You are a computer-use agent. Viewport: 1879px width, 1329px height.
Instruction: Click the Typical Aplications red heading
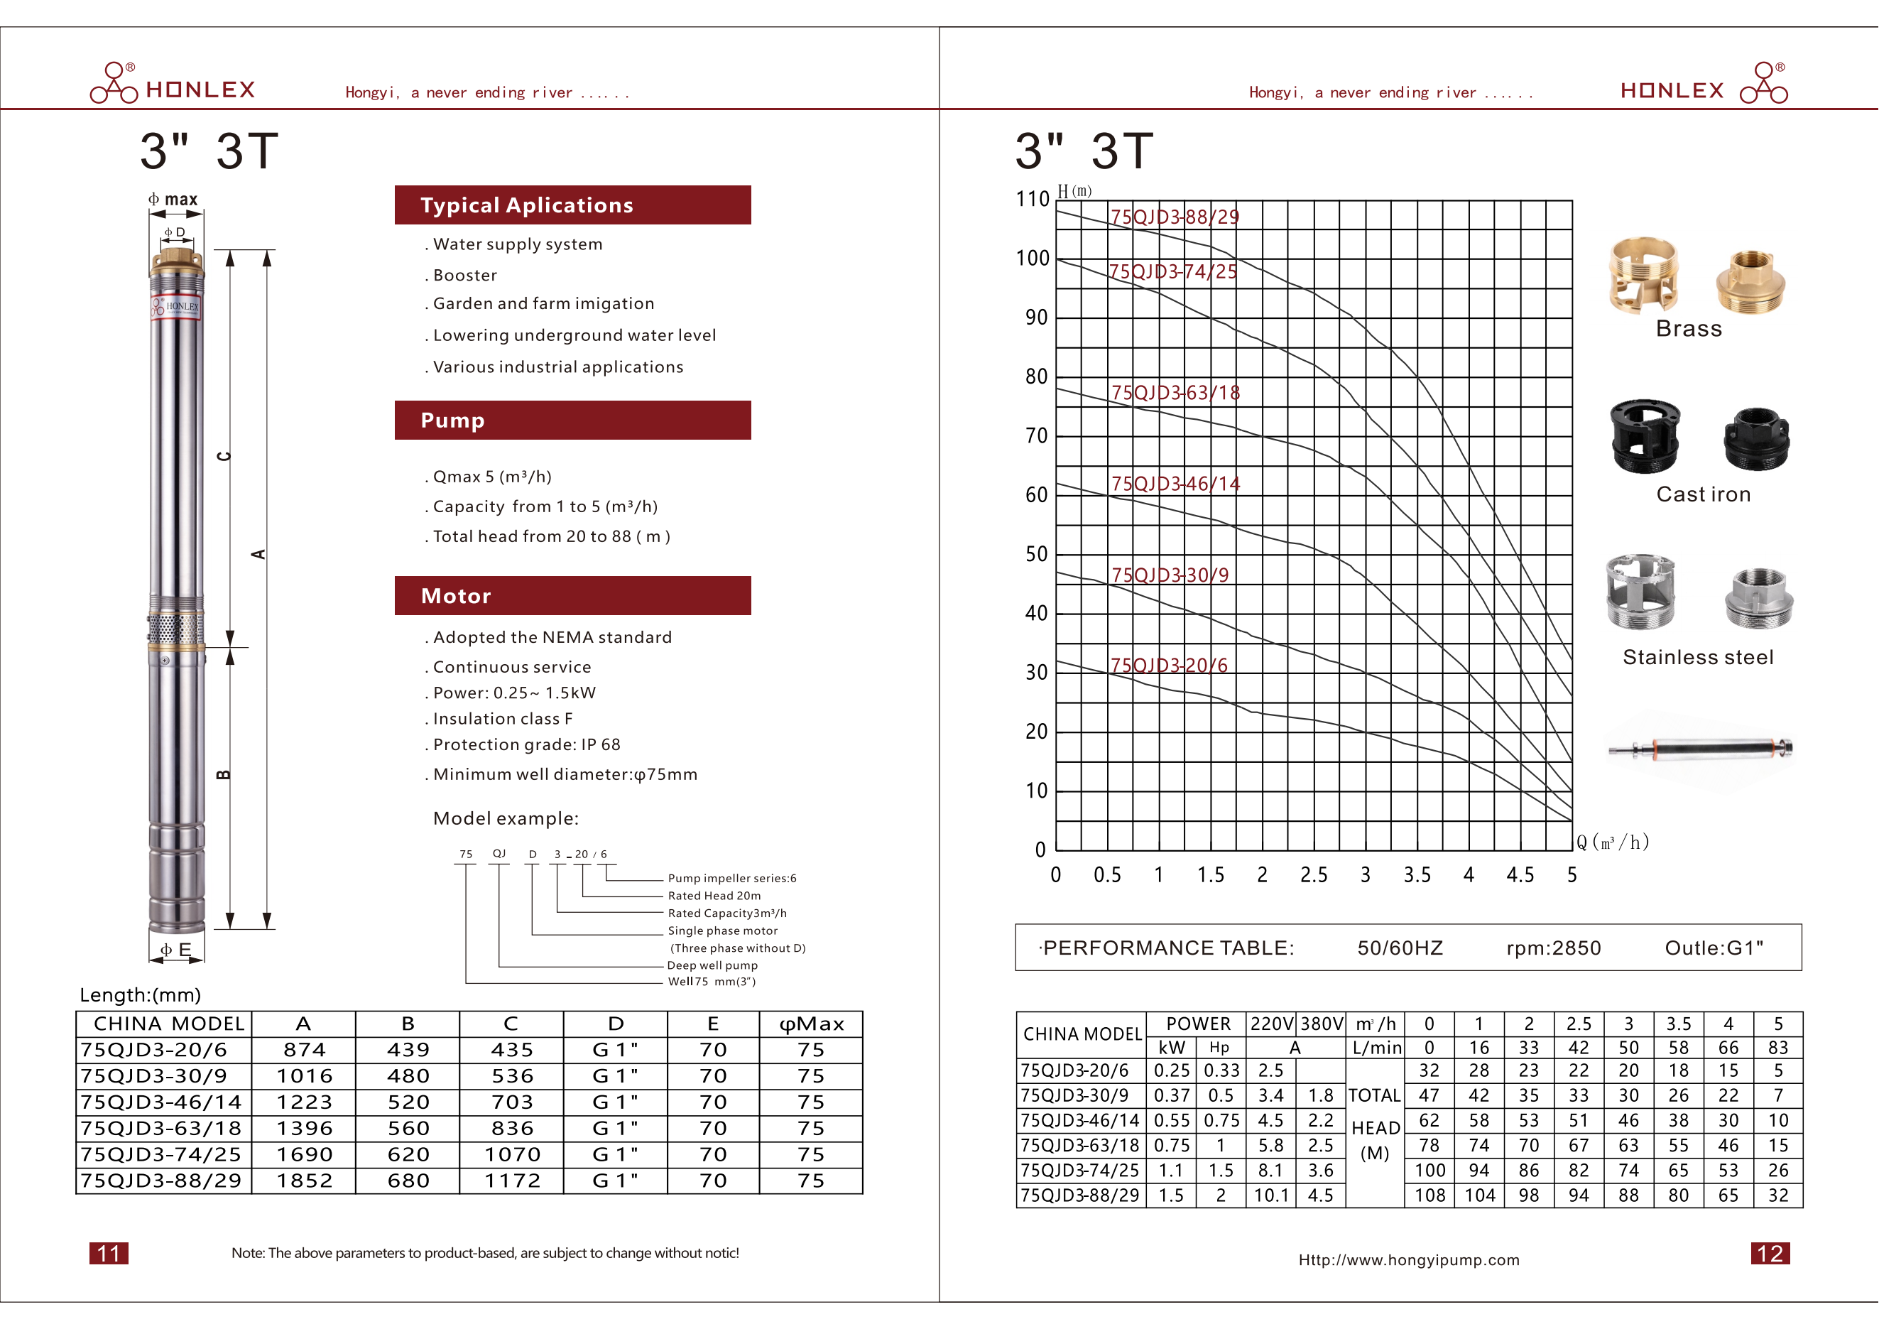pos(572,205)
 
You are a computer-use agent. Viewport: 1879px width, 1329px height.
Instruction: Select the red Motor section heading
pos(572,596)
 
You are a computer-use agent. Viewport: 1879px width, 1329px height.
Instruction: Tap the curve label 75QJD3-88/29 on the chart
pos(1175,217)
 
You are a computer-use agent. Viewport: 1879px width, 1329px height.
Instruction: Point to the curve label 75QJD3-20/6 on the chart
pos(1169,666)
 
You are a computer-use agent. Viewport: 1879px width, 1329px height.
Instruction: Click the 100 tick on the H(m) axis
pos(1033,259)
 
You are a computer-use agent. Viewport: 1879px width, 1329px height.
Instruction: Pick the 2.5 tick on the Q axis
pos(1314,876)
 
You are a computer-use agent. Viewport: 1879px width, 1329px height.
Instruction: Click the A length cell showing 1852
pos(305,1181)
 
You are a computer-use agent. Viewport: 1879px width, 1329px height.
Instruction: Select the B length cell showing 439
pos(408,1050)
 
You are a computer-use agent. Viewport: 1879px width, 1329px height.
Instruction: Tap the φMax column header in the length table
pos(811,1024)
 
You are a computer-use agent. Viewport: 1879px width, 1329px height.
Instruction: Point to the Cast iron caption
pos(1703,494)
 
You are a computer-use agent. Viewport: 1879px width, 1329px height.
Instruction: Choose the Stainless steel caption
pos(1698,657)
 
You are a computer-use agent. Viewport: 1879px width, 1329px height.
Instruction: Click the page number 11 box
pos(109,1253)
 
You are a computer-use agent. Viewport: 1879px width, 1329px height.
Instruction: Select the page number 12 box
pos(1770,1253)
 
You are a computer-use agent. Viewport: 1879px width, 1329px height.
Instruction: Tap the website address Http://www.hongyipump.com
pos(1408,1260)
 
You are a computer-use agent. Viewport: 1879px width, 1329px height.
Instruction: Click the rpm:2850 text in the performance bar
pos(1553,948)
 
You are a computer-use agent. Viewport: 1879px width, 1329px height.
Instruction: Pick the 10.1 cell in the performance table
pos(1271,1195)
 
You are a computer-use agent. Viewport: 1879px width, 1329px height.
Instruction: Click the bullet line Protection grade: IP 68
pos(526,744)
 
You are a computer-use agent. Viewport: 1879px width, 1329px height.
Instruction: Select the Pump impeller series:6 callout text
pos(731,878)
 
